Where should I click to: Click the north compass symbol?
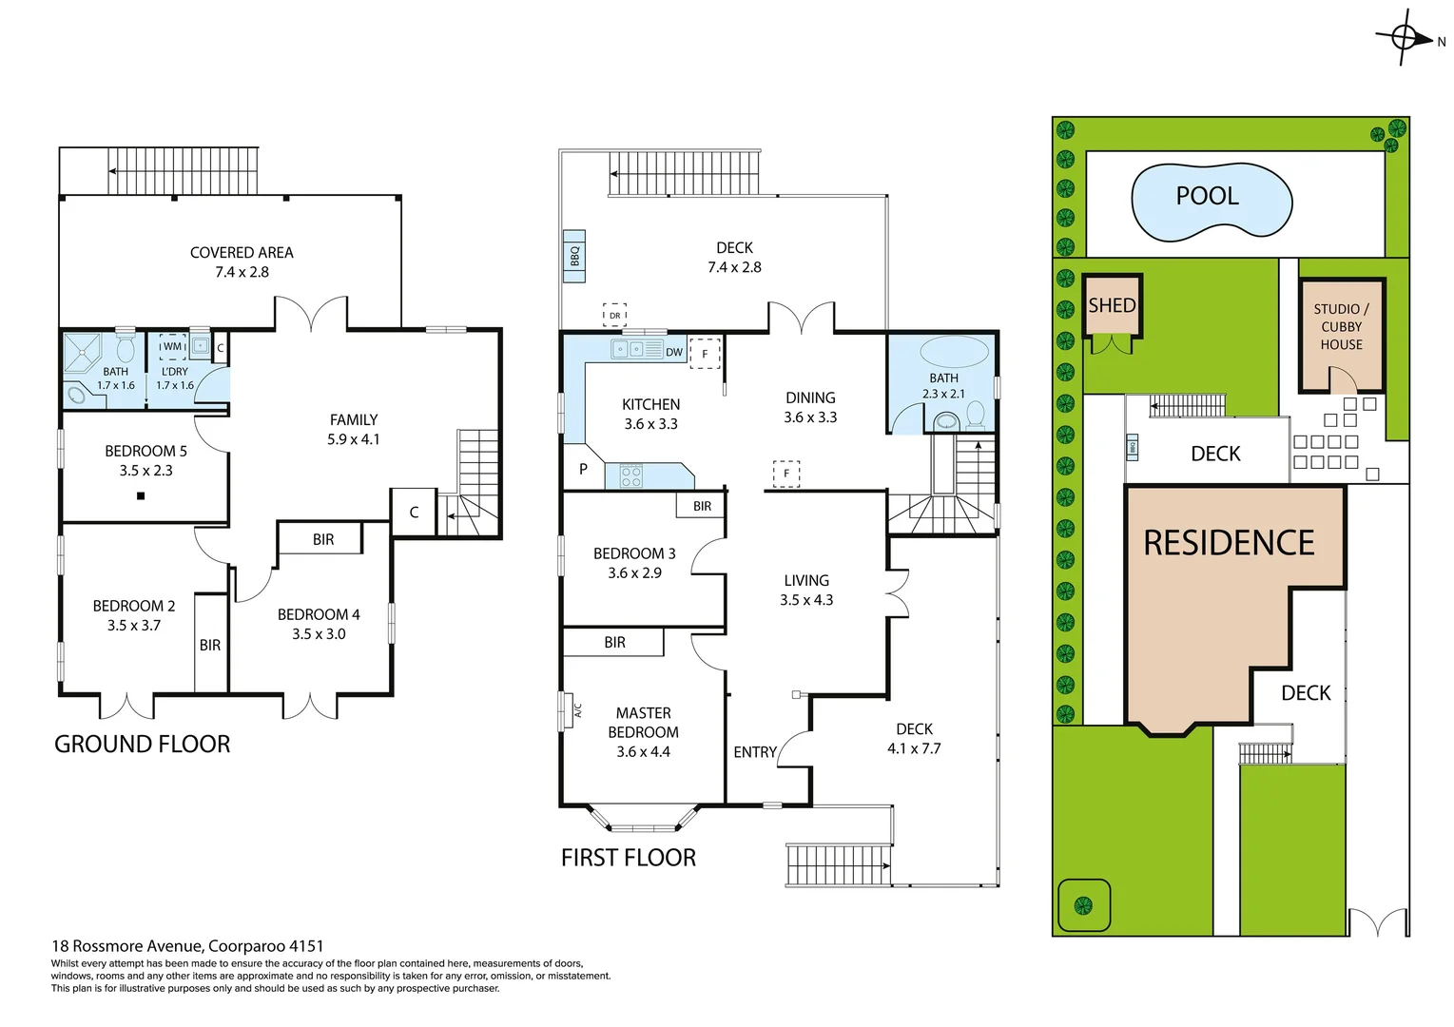(x=1405, y=38)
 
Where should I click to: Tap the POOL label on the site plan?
(x=1207, y=196)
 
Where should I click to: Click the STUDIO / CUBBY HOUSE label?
(x=1341, y=327)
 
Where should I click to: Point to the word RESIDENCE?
(x=1229, y=543)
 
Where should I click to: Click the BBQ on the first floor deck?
(x=574, y=256)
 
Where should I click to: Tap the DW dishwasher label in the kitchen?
(x=674, y=352)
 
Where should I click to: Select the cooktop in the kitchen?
(x=631, y=475)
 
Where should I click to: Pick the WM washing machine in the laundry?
(x=172, y=347)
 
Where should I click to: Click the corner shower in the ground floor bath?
(x=83, y=352)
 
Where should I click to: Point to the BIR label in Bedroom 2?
(x=210, y=645)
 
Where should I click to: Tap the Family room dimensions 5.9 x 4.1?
(x=354, y=439)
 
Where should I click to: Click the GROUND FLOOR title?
(x=143, y=745)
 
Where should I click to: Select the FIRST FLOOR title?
(x=629, y=858)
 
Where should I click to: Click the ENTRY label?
(x=755, y=752)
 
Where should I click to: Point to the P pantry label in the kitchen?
(x=583, y=469)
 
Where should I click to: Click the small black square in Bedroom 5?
(x=141, y=495)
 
